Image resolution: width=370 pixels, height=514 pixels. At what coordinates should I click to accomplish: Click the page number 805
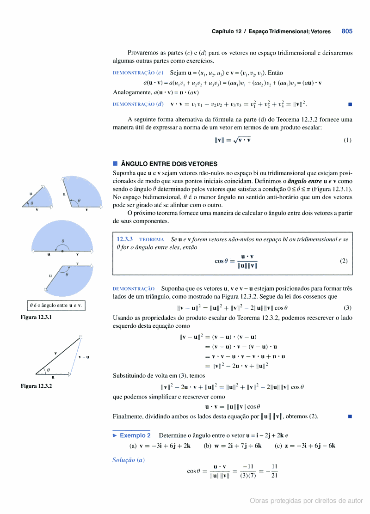tap(347, 31)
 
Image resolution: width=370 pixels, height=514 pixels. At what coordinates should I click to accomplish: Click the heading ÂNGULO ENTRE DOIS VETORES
tap(169, 164)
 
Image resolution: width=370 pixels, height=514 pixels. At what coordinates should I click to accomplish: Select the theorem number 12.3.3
tap(125, 239)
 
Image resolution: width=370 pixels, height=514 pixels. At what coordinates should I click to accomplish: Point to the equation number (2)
tap(343, 261)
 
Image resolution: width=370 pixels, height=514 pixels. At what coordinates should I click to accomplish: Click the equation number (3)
tap(347, 307)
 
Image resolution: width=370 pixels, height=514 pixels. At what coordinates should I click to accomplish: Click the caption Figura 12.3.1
tap(37, 318)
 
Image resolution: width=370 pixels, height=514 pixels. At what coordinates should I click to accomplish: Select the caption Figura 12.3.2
tap(37, 385)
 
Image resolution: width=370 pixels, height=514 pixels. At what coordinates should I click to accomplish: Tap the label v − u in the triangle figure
tap(84, 357)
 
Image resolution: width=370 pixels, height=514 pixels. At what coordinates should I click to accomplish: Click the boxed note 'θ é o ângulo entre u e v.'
tap(55, 306)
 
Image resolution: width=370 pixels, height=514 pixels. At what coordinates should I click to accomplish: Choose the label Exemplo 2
tap(135, 435)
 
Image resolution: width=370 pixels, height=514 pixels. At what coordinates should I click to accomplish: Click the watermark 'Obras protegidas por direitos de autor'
tap(306, 501)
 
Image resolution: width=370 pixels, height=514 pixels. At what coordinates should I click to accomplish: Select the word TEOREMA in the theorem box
tap(151, 240)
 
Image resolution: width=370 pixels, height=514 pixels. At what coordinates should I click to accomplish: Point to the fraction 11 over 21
tap(274, 471)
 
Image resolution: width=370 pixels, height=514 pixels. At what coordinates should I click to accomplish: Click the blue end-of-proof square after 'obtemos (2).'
tap(350, 416)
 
